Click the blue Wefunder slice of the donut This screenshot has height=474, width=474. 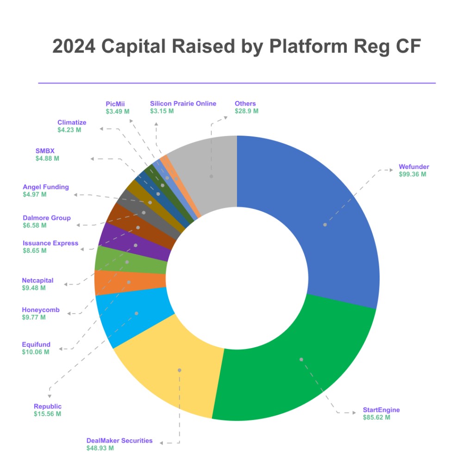point(324,222)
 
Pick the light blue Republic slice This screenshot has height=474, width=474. point(134,315)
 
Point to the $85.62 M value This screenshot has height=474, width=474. point(376,418)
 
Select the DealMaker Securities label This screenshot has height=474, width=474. point(119,441)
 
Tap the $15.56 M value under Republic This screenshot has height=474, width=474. point(47,414)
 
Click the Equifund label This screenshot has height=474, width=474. point(36,344)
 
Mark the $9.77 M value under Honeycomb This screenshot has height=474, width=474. point(34,318)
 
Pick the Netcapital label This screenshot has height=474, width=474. point(37,281)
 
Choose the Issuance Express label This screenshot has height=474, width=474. point(50,243)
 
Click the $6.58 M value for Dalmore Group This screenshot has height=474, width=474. point(35,225)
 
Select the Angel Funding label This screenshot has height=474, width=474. point(46,187)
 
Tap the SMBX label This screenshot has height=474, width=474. point(45,150)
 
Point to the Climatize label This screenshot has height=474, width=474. point(72,123)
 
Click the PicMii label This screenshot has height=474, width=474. point(115,104)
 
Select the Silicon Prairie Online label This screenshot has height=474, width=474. point(183,104)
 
